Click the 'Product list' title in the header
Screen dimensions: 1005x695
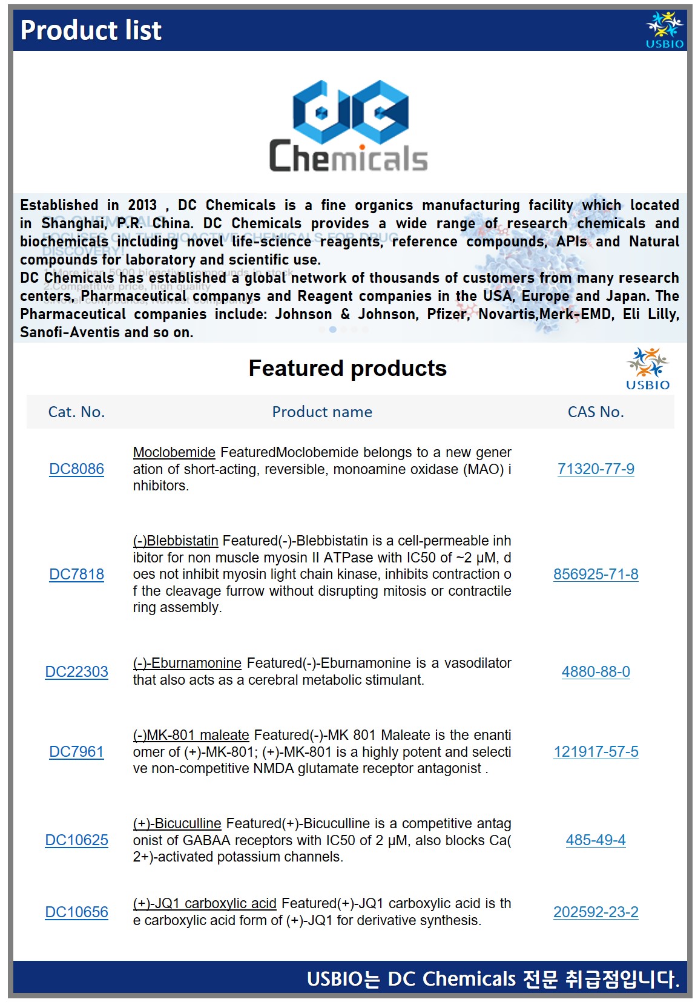(91, 30)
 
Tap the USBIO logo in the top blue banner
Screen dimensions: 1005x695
(664, 30)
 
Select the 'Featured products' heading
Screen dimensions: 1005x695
(347, 368)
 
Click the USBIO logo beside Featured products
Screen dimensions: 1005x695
(648, 369)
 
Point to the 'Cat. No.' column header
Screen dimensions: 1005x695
(76, 412)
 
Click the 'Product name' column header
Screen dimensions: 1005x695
(322, 412)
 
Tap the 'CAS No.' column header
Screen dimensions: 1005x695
(596, 412)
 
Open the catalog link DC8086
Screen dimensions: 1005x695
(76, 469)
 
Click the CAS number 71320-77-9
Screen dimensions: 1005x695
(596, 469)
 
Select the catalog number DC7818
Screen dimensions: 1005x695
(76, 575)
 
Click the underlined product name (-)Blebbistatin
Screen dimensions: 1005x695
(176, 541)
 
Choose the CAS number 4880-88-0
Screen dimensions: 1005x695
(596, 672)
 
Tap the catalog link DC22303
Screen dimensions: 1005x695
(76, 672)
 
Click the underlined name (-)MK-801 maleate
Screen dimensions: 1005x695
(191, 735)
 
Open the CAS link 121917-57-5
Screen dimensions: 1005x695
(596, 752)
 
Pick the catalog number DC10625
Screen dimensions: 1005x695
(76, 840)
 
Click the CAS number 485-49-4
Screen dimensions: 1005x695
(596, 840)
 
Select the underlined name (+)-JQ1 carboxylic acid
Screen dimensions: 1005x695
(205, 903)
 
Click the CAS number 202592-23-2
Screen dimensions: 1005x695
(596, 912)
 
